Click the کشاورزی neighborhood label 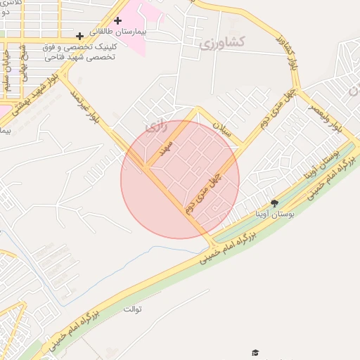click(221, 44)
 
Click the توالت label click(133, 309)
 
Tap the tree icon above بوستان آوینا click(274, 203)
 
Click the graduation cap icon click(255, 352)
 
